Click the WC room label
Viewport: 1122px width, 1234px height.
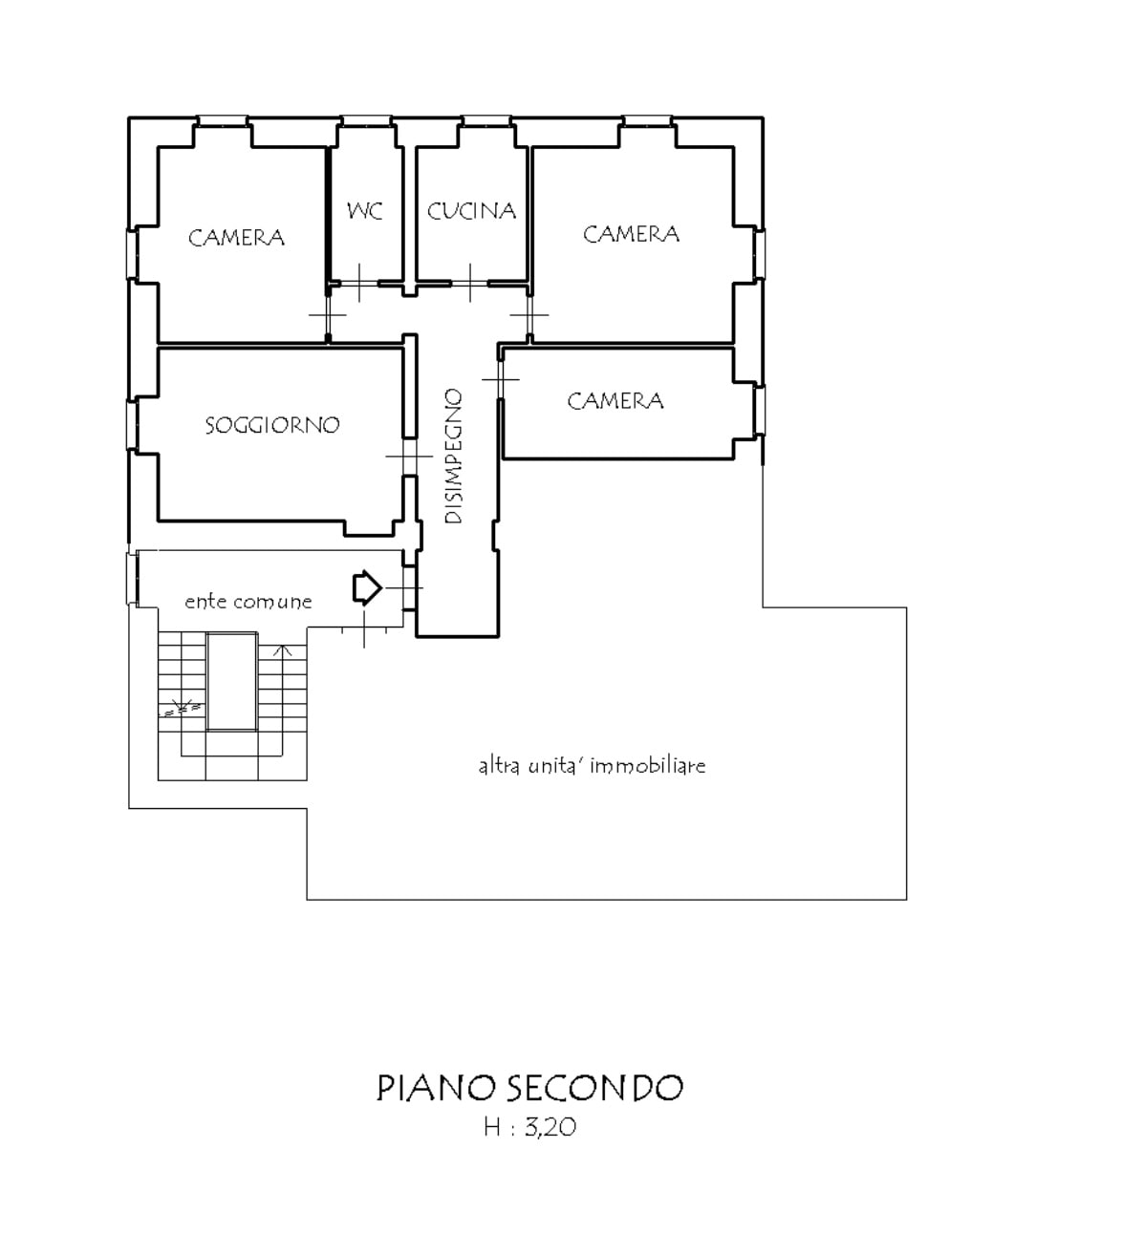pos(364,211)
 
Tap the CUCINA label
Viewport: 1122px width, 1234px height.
pos(471,211)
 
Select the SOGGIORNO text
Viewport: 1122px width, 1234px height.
pos(272,425)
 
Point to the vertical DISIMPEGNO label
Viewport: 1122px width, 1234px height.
pos(453,456)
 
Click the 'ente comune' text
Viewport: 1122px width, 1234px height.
pos(248,601)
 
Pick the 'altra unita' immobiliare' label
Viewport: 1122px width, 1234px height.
pos(592,766)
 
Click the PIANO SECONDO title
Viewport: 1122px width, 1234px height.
pos(529,1088)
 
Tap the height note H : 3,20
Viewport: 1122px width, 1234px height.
pos(529,1127)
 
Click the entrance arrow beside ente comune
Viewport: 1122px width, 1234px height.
pos(367,588)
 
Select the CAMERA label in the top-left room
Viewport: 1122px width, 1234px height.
pos(236,238)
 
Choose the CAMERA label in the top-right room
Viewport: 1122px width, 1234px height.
pos(631,234)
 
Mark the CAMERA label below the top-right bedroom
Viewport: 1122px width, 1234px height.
pos(615,401)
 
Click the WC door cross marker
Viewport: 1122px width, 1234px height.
pos(359,283)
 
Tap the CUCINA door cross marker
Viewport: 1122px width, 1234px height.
pos(470,283)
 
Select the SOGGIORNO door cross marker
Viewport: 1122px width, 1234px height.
pos(409,457)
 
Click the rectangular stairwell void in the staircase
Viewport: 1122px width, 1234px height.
pos(231,682)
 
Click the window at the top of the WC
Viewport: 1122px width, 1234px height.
pos(367,121)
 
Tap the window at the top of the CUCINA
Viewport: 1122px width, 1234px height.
pos(486,121)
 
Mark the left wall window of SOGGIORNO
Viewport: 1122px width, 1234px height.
pos(132,425)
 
